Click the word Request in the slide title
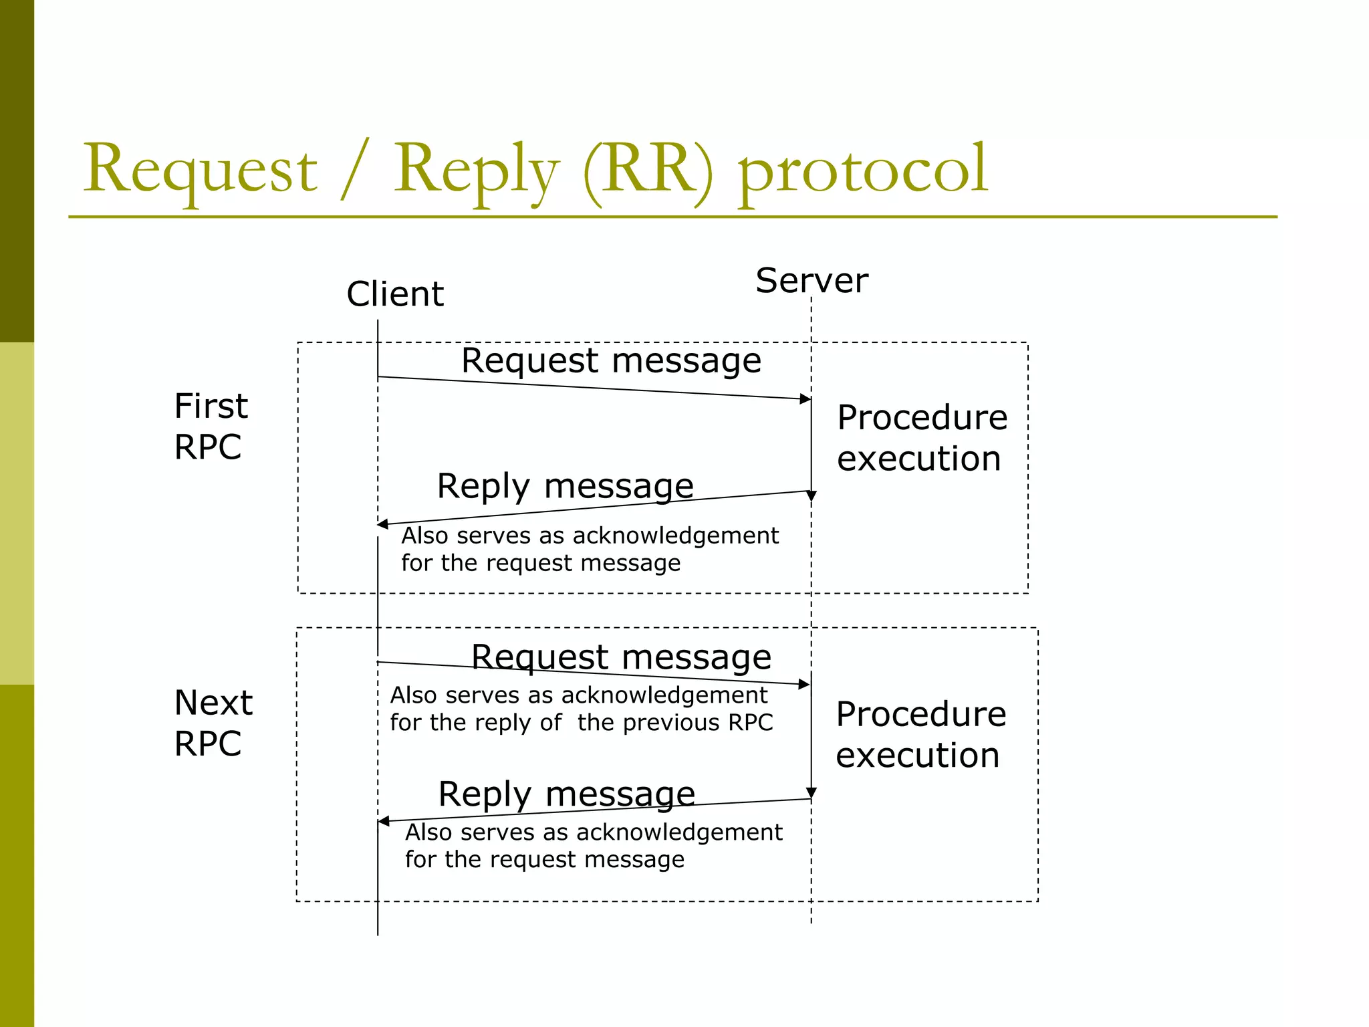pyautogui.click(x=199, y=170)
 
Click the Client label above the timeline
pyautogui.click(x=394, y=294)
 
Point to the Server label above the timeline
pyautogui.click(x=812, y=280)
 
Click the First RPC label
pyautogui.click(x=211, y=426)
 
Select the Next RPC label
pyautogui.click(x=213, y=723)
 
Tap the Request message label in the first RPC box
pyautogui.click(x=611, y=361)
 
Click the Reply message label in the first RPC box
pyautogui.click(x=565, y=486)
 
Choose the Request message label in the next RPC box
pyautogui.click(x=621, y=657)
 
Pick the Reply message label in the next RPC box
pyautogui.click(x=566, y=794)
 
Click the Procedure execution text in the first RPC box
pyautogui.click(x=921, y=438)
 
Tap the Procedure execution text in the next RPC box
pyautogui.click(x=920, y=734)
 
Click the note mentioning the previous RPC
pyautogui.click(x=580, y=709)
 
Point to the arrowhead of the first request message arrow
pyautogui.click(x=805, y=399)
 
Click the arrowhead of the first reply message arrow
pyautogui.click(x=383, y=524)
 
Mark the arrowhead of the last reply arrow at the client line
pyautogui.click(x=384, y=821)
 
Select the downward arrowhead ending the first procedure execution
pyautogui.click(x=812, y=496)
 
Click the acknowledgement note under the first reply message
pyautogui.click(x=590, y=549)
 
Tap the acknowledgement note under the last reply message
pyautogui.click(x=593, y=846)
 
